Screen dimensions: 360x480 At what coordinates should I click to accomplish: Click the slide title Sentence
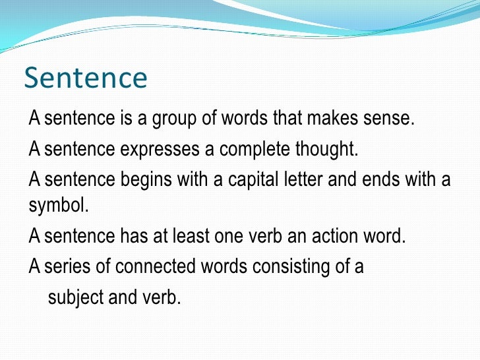[85, 78]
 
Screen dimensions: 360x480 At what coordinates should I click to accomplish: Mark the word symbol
[57, 205]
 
